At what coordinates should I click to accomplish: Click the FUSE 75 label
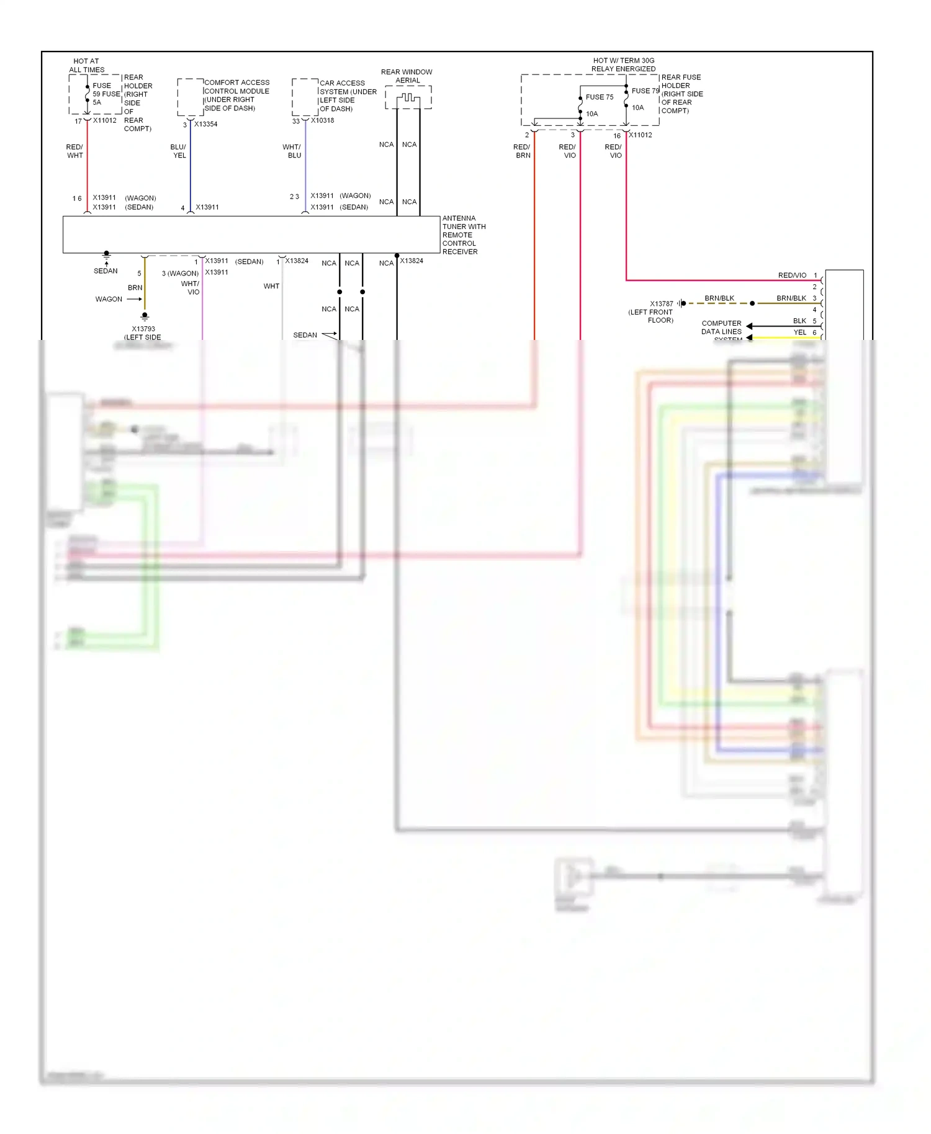pos(599,97)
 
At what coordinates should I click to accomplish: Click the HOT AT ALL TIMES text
pos(86,66)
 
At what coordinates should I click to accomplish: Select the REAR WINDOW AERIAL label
pos(407,76)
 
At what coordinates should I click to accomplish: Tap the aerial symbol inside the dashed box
pos(408,98)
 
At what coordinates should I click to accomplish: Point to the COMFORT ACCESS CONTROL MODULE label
pos(236,95)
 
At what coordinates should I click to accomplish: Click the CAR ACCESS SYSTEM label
pos(348,96)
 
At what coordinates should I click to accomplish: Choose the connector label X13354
pos(205,124)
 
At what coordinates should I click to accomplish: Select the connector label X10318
pos(322,120)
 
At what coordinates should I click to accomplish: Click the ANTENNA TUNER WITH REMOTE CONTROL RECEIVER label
pos(463,235)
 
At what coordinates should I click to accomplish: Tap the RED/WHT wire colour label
pos(74,151)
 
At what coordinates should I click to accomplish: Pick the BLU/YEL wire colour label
pos(179,151)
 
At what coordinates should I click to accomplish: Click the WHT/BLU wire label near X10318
pos(292,151)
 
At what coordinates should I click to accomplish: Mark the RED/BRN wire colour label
pos(522,151)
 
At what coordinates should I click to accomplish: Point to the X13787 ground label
pos(661,304)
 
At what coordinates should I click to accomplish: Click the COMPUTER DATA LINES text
pos(722,328)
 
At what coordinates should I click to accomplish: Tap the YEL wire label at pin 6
pos(800,333)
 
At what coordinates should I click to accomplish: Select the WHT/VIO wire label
pos(191,288)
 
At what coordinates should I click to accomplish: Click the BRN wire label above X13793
pos(135,288)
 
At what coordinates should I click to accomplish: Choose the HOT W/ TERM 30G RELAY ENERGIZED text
pos(623,65)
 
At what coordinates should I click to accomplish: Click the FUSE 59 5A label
pos(106,94)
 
